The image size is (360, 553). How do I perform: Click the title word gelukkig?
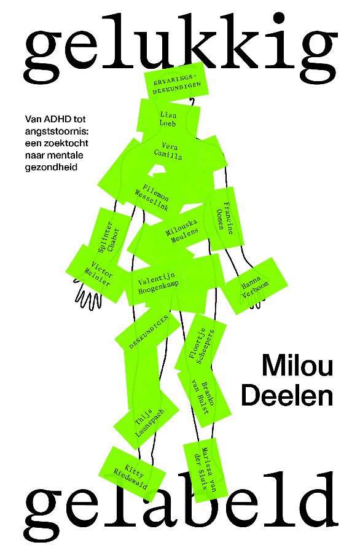pyautogui.click(x=180, y=47)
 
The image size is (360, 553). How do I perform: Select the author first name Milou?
pyautogui.click(x=297, y=366)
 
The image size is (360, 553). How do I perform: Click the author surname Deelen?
pyautogui.click(x=288, y=395)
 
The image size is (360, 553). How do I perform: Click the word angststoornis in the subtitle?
pyautogui.click(x=57, y=131)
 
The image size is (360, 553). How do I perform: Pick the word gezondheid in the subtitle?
pyautogui.click(x=51, y=167)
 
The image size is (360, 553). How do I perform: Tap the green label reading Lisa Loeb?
pyautogui.click(x=168, y=119)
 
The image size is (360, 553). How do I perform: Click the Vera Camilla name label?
pyautogui.click(x=168, y=151)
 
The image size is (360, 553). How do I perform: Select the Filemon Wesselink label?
pyautogui.click(x=152, y=197)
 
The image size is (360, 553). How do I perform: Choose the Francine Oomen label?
pyautogui.click(x=225, y=219)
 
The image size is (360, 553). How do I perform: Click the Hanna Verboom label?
pyautogui.click(x=256, y=286)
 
